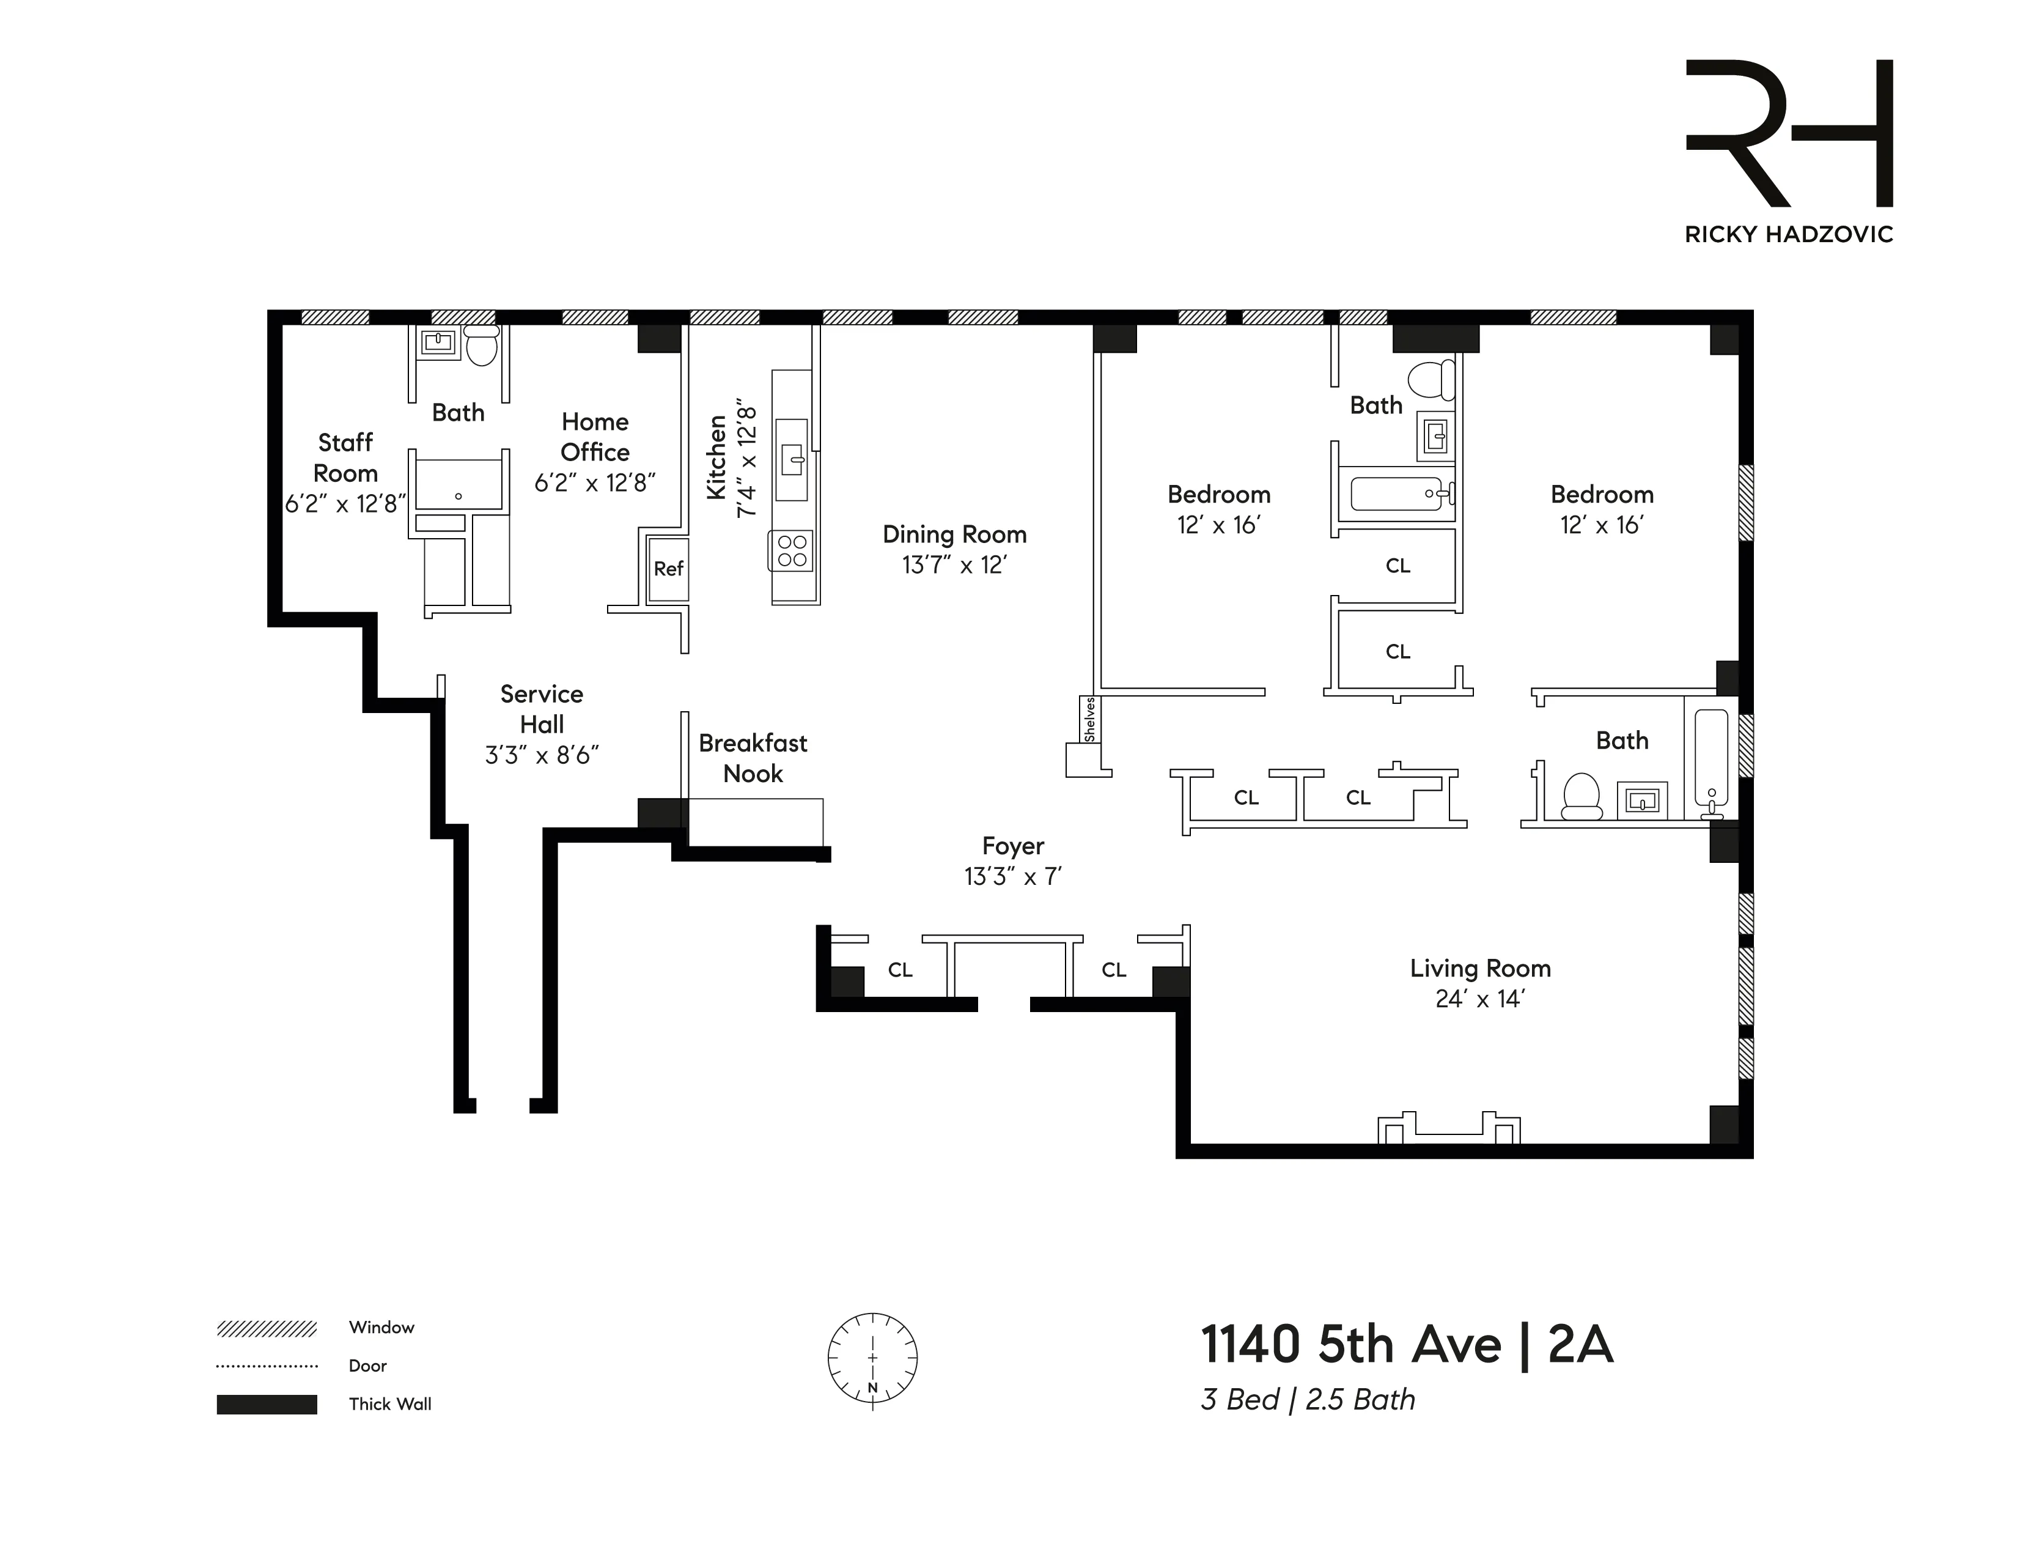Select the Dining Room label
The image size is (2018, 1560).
point(954,534)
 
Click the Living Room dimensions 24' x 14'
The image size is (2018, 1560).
point(1479,999)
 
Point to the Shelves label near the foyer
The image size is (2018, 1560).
point(1089,719)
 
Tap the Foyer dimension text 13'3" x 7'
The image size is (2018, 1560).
point(1013,876)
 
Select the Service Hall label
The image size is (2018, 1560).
point(542,709)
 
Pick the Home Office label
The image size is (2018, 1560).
point(595,436)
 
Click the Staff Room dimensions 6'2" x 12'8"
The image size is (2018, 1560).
point(345,504)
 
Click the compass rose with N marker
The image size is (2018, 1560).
point(872,1359)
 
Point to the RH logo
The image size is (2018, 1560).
point(1789,133)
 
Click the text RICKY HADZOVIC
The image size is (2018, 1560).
point(1789,235)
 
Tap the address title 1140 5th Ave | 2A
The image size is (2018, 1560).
point(1406,1345)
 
